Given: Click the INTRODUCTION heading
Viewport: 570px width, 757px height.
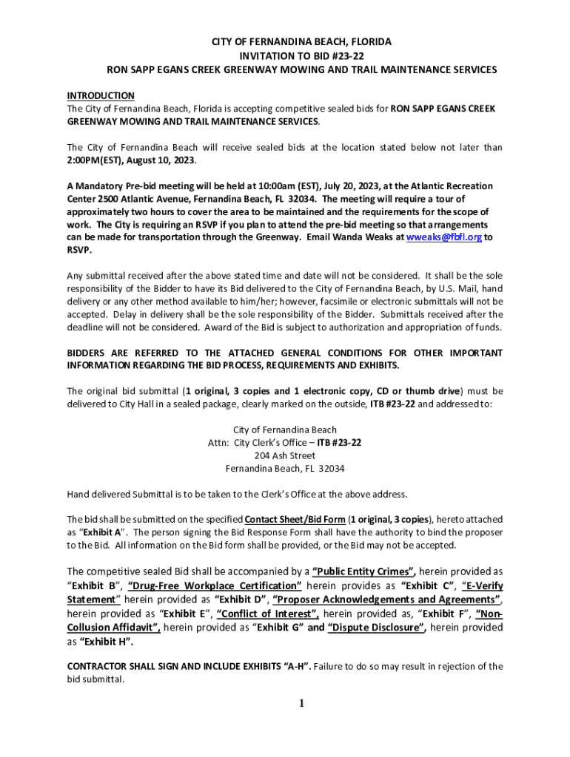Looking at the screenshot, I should click(x=101, y=95).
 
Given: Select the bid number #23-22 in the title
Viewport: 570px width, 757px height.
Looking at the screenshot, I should click(x=346, y=55).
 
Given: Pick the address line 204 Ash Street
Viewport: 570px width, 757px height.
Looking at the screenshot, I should click(x=284, y=455).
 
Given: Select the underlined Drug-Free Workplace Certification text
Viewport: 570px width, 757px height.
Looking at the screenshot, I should click(x=215, y=585).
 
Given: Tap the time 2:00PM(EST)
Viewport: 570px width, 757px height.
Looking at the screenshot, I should click(x=96, y=160).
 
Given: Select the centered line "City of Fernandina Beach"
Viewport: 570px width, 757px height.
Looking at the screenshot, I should click(x=285, y=430).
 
